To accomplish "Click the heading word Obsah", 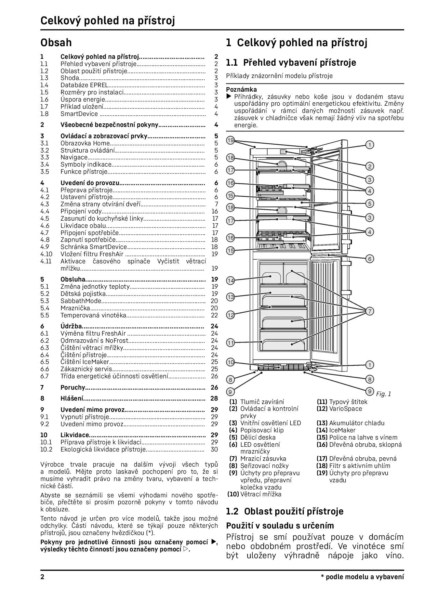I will pos(56,43).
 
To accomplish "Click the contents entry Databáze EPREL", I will pos(84,85).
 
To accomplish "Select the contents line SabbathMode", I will pos(81,301).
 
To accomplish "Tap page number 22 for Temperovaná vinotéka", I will pos(214,315).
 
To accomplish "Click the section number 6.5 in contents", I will pos(45,362).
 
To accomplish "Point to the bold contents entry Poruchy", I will pos(72,388).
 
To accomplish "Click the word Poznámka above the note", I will pos(241,90).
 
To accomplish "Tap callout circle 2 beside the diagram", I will pos(369,167).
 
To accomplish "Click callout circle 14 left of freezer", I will pos(231,281).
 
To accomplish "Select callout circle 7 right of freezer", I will pos(369,311).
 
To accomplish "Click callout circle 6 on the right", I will pos(369,259).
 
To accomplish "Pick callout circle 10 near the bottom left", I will pos(231,362).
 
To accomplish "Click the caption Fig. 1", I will pos(383,394).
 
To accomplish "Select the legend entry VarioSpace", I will pos(345,409).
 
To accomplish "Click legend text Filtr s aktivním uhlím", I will pos(359,466).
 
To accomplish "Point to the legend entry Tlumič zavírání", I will pos(262,402).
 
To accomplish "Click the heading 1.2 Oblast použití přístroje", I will pos(284,511).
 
